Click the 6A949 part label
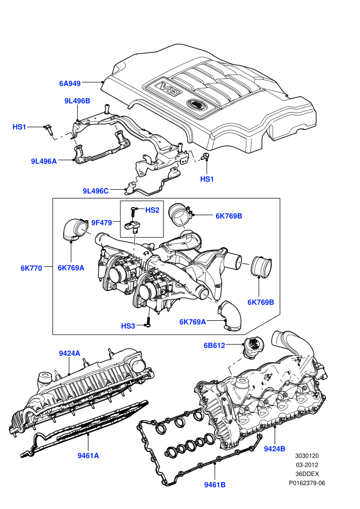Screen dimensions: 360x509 (70, 83)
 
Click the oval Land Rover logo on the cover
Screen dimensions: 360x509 (196, 104)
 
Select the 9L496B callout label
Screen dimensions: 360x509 (77, 101)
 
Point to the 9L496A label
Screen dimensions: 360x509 (44, 161)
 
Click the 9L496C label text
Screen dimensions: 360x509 (96, 191)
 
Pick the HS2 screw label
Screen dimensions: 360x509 (152, 210)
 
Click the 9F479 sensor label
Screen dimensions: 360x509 (102, 222)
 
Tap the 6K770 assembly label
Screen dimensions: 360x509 (31, 268)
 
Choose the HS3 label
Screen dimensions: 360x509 (128, 326)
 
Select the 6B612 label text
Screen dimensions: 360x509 (214, 346)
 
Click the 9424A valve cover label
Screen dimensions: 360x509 (69, 353)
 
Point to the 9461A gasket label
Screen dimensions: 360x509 (88, 456)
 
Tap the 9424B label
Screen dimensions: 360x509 (274, 449)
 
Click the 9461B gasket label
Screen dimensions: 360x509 (215, 485)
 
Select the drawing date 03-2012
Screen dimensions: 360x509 (307, 465)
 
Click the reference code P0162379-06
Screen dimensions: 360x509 (307, 483)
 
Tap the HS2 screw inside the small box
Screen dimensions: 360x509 (133, 212)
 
